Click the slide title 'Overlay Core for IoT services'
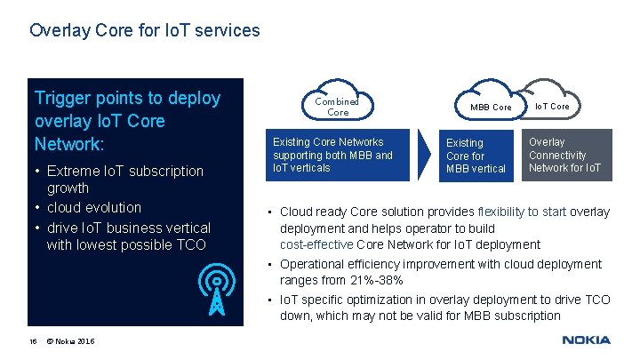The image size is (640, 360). (145, 30)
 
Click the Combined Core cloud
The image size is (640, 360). (338, 106)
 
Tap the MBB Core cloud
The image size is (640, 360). (490, 107)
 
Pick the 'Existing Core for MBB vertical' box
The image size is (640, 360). (476, 155)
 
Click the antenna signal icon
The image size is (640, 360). (214, 290)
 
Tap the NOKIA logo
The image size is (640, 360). (586, 340)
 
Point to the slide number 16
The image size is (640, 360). (33, 341)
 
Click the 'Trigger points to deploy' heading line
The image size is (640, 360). (127, 98)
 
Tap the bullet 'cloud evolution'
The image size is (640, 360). (93, 207)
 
